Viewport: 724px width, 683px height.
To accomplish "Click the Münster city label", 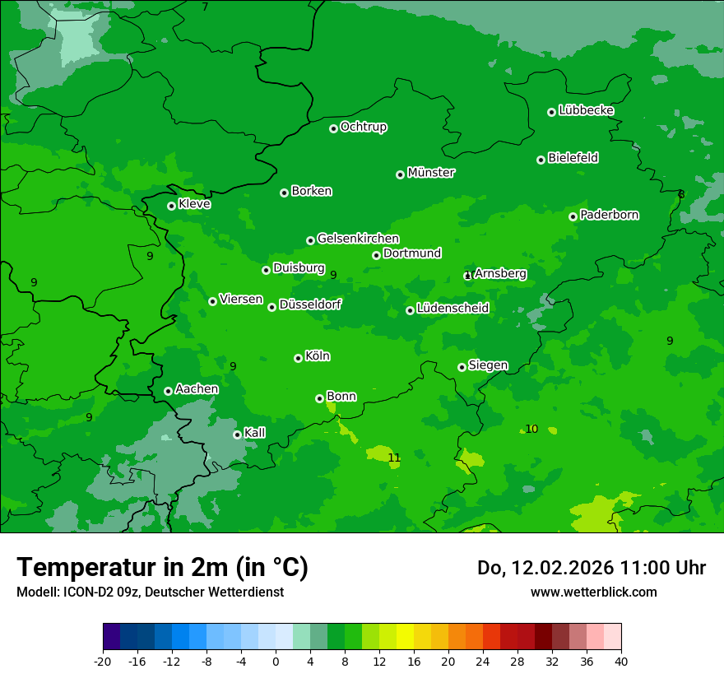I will point(431,173).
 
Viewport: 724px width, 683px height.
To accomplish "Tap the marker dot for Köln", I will point(298,358).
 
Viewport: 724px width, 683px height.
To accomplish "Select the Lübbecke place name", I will point(586,110).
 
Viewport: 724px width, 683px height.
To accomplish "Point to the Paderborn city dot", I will point(573,216).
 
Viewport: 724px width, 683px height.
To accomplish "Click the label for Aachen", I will point(197,389).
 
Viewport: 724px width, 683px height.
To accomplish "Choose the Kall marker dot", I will point(237,434).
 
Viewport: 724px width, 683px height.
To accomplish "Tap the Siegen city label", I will point(488,365).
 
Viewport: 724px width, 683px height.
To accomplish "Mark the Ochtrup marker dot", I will point(333,128).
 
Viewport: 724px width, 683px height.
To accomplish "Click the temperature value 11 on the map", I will point(394,458).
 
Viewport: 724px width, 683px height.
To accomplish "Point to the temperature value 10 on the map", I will point(531,429).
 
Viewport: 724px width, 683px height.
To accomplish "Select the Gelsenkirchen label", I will point(358,239).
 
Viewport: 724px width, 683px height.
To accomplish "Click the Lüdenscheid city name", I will point(452,309).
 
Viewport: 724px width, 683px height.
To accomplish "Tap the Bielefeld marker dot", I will point(541,160).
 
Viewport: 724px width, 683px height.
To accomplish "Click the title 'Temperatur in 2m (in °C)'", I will point(162,567).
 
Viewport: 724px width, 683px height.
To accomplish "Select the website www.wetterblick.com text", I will point(593,592).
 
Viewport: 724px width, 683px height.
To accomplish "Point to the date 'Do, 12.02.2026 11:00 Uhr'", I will point(591,568).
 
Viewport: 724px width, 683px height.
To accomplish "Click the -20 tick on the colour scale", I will point(103,661).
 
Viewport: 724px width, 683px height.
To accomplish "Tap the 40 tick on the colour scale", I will point(620,661).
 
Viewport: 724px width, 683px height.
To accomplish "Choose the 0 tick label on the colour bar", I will point(276,661).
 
